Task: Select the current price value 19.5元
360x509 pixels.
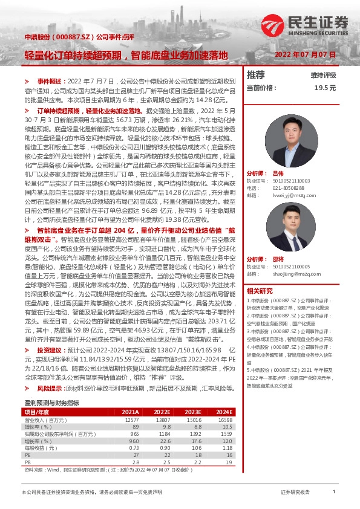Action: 324,88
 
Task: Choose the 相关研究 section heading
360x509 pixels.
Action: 260,290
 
